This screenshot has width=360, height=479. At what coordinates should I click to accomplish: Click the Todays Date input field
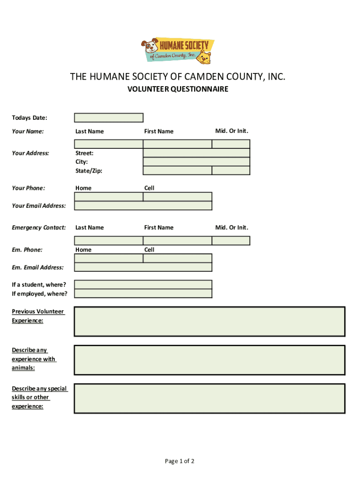click(108, 117)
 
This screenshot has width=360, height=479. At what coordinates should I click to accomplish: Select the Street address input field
click(196, 153)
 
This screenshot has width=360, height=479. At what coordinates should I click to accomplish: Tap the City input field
click(196, 162)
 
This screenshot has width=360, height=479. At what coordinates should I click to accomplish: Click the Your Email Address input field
click(143, 206)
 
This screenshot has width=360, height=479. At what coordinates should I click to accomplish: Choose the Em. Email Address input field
click(143, 267)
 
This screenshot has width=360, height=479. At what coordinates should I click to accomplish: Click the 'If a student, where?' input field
click(143, 284)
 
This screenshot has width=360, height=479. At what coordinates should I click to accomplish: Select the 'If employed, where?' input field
click(143, 293)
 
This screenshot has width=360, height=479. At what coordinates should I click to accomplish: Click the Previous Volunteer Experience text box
click(209, 321)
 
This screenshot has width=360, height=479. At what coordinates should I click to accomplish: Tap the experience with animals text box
click(209, 360)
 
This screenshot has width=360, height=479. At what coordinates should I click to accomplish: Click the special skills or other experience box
click(209, 398)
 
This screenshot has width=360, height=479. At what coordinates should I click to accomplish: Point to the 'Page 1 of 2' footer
click(180, 461)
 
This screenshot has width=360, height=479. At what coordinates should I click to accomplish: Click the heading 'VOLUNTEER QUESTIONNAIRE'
click(178, 89)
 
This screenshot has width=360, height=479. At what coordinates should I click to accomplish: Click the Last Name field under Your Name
click(108, 144)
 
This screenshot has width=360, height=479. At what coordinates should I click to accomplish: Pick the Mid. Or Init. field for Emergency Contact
click(230, 240)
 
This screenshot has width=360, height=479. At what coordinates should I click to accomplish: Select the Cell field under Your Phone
click(177, 197)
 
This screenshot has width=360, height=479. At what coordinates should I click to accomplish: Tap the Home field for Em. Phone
click(108, 258)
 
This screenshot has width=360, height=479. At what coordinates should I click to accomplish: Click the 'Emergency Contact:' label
click(39, 228)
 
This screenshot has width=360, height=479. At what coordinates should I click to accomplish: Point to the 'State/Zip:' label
click(89, 171)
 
